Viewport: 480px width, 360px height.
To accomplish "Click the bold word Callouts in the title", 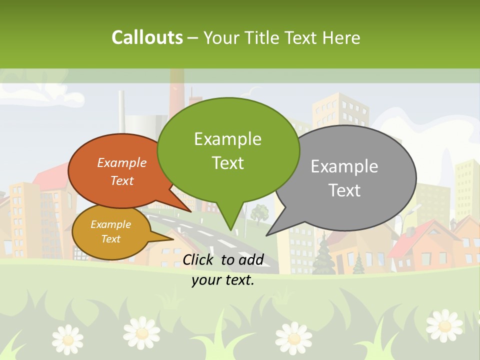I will (147, 37).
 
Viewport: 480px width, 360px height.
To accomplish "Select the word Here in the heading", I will (341, 38).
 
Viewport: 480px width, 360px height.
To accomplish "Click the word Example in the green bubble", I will (227, 139).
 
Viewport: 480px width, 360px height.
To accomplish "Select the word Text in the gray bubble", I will (344, 190).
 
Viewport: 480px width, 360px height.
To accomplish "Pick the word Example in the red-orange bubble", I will (122, 162).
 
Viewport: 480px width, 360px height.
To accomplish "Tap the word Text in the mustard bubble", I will (111, 239).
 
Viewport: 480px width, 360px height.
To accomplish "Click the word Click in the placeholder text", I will (199, 259).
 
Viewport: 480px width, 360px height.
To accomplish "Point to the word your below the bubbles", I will (206, 280).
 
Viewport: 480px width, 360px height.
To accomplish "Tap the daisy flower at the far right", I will (444, 324).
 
